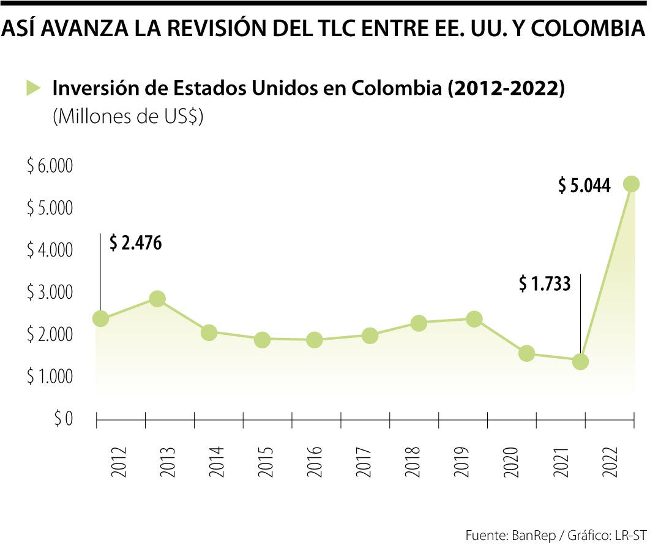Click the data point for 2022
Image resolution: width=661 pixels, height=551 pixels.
click(x=631, y=184)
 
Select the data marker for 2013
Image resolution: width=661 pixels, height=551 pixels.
click(x=157, y=299)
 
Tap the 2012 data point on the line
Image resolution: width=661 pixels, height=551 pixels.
click(x=100, y=318)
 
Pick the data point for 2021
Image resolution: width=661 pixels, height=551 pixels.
click(x=580, y=361)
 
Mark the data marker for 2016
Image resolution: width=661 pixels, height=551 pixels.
click(x=314, y=340)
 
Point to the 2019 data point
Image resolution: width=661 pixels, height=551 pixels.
click(x=474, y=319)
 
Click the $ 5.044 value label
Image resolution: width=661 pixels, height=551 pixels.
click(x=584, y=186)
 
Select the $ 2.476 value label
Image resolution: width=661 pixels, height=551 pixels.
click(x=135, y=243)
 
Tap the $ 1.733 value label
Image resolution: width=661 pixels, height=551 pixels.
click(x=544, y=283)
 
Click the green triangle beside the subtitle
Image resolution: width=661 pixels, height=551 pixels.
click(x=33, y=88)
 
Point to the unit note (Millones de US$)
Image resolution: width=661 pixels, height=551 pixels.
click(x=128, y=117)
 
